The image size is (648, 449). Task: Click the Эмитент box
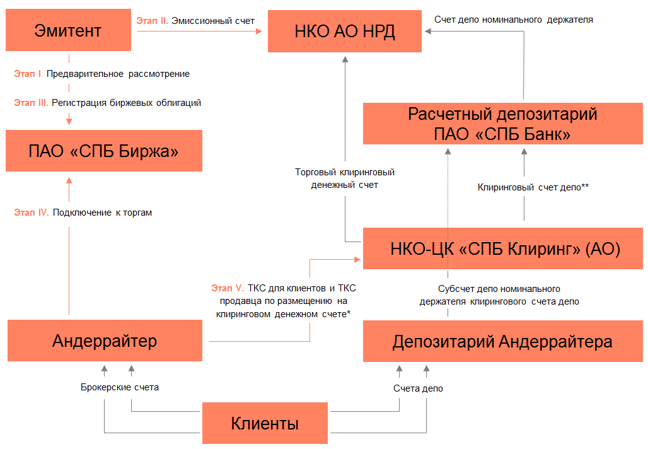tap(68, 30)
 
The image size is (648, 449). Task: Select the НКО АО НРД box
tap(345, 32)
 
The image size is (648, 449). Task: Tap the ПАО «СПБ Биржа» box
tap(104, 151)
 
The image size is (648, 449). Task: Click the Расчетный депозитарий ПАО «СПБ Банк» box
tap(503, 124)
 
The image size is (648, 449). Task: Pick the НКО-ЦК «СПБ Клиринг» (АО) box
tap(503, 248)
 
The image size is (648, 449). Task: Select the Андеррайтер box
tap(105, 341)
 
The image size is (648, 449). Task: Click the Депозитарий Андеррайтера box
tap(503, 341)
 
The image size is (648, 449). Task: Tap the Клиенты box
tap(265, 423)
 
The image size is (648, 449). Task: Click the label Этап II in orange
tap(152, 21)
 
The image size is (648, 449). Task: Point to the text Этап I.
tap(28, 74)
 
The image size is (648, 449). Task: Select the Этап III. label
tap(31, 103)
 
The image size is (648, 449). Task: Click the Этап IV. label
tap(32, 213)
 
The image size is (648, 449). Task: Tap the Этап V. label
tap(228, 288)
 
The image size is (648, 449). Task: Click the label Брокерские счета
tap(119, 387)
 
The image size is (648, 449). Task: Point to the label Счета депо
tap(418, 388)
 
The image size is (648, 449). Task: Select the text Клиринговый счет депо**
tap(533, 187)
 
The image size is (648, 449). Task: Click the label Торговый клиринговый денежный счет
tap(345, 178)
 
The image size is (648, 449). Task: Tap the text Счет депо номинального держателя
tap(513, 20)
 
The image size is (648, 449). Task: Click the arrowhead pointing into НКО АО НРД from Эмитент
tap(259, 31)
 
